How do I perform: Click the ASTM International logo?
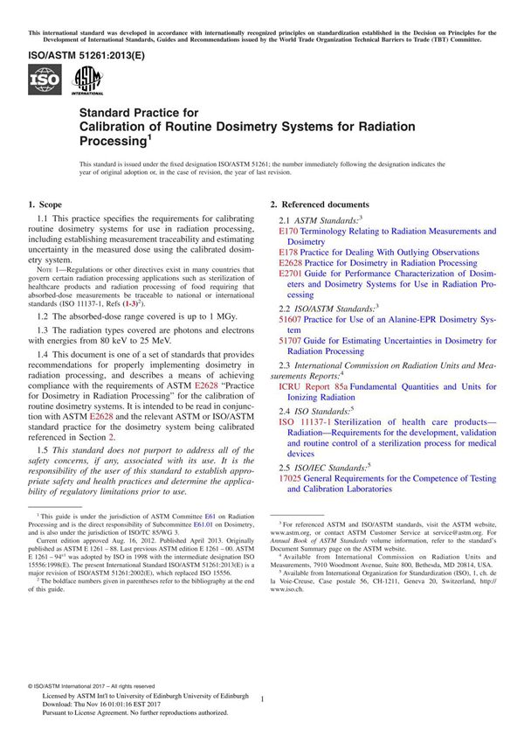87,80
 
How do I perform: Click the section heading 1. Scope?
49,204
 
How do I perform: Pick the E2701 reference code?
290,274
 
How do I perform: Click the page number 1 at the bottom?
262,698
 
